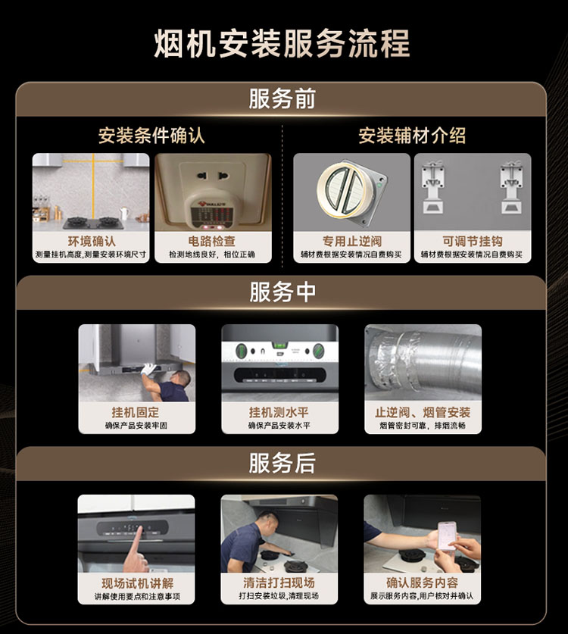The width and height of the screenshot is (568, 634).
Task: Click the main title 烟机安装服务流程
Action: pos(282,43)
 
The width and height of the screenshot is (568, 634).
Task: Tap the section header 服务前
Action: pos(282,98)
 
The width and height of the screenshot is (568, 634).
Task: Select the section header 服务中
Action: pos(282,292)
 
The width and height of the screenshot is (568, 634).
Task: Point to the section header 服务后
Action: pos(282,463)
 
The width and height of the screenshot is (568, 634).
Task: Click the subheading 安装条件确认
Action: pos(151,136)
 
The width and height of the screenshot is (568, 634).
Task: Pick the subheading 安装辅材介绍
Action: pos(412,136)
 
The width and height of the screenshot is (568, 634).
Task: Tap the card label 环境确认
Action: pos(92,242)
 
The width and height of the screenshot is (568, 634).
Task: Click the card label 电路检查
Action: pos(212,242)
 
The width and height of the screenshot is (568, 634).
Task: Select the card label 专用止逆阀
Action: pos(352,242)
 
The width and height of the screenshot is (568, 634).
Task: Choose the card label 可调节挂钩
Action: pos(472,242)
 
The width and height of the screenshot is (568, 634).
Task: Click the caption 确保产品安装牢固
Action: pos(136,426)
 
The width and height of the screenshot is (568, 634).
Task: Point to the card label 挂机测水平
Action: pos(279,412)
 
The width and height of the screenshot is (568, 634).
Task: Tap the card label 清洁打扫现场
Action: pos(279,582)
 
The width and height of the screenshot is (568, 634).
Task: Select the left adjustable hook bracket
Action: pos(433,187)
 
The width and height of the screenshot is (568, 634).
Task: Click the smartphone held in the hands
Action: pos(448,536)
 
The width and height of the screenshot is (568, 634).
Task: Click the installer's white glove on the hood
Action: pos(148,369)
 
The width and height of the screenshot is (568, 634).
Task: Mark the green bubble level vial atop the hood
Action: pos(279,345)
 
